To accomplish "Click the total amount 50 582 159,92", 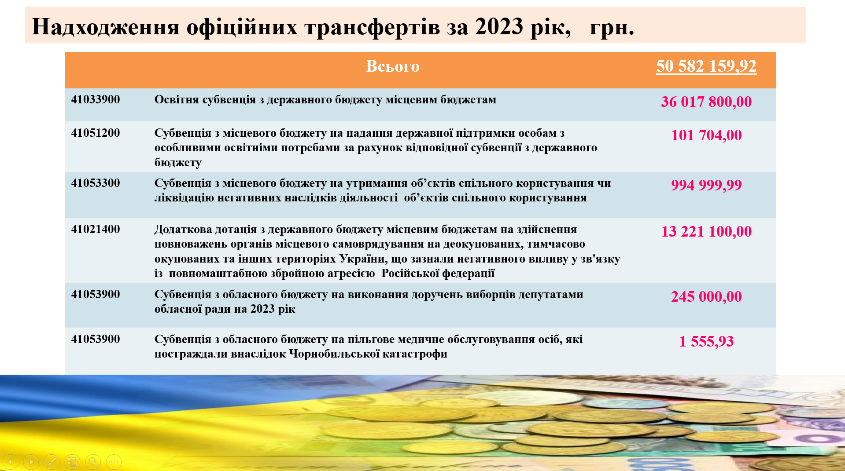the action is pos(706,66).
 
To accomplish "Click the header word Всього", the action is pos(393,66).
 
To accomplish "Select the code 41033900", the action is pos(96,99).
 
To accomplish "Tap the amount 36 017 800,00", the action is pos(706,102).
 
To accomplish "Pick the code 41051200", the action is pos(96,133).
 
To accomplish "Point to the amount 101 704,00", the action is pos(706,135).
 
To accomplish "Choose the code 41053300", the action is pos(96,183).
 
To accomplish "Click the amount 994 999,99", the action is pos(706,185).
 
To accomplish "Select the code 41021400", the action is pos(96,229).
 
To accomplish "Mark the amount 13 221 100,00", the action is pos(706,231).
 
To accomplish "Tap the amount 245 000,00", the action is pos(706,296).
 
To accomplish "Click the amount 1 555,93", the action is pos(706,341).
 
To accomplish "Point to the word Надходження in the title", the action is pos(106,27).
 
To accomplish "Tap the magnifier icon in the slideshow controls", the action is pos(93,462).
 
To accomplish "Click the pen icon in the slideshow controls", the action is pos(52,462).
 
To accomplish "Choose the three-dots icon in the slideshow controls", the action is pos(114,462).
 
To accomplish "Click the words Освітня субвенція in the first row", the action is pos(205,100).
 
